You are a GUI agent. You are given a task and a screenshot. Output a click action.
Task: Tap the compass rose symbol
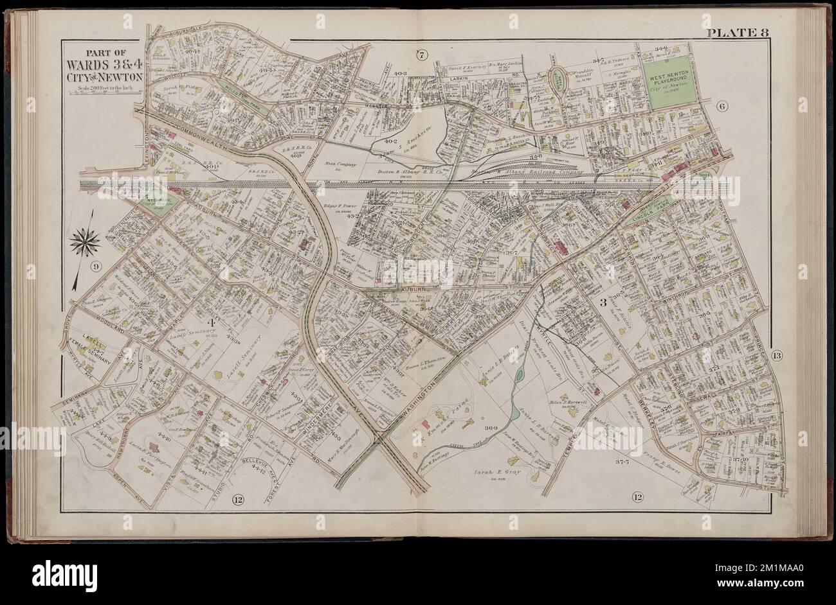[85, 241]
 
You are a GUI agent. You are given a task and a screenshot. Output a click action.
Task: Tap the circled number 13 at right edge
[776, 356]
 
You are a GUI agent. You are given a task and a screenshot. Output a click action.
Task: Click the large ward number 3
[603, 303]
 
